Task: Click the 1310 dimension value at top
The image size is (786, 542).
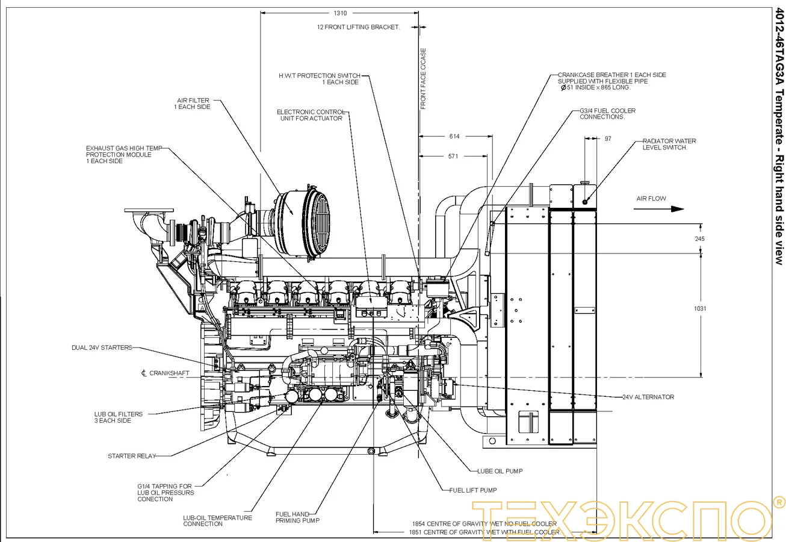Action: (x=340, y=13)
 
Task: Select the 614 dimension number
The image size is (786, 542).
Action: (x=454, y=137)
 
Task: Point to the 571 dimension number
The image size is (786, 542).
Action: (x=453, y=157)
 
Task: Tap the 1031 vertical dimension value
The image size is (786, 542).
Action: (x=700, y=308)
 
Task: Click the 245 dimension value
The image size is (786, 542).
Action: (x=699, y=239)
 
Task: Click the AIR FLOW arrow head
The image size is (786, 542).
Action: (x=678, y=209)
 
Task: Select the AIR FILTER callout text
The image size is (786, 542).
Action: (x=192, y=104)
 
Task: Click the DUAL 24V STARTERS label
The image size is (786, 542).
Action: (x=102, y=347)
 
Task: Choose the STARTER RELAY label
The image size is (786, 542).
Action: (x=131, y=456)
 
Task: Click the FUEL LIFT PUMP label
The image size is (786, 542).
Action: (x=473, y=490)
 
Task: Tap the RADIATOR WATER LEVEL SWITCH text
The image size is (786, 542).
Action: (x=669, y=145)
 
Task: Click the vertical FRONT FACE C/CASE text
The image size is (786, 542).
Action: (x=423, y=78)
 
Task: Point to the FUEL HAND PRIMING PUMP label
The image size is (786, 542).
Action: (x=297, y=517)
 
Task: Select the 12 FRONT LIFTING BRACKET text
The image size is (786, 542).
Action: (x=358, y=27)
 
